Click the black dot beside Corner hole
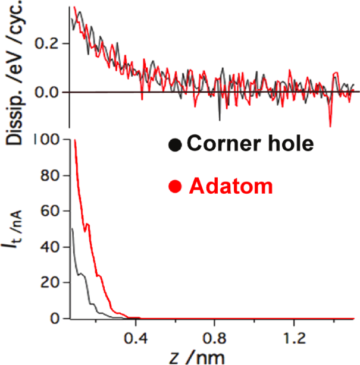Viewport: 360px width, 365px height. [174, 143]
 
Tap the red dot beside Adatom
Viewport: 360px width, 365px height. [175, 187]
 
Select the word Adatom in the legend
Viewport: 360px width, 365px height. [231, 187]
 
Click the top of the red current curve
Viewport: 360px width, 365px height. [75, 140]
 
